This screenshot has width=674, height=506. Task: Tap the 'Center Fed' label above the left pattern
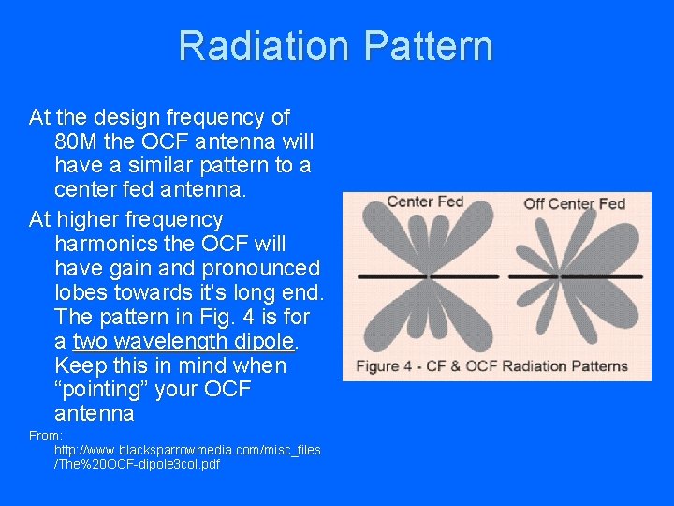[x=425, y=201]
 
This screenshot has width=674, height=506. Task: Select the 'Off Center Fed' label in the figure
[x=574, y=203]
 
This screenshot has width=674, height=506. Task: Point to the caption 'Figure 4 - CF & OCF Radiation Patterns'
[x=491, y=365]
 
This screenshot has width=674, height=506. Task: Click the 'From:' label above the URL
[x=46, y=436]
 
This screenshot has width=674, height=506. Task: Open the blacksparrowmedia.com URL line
[x=187, y=450]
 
